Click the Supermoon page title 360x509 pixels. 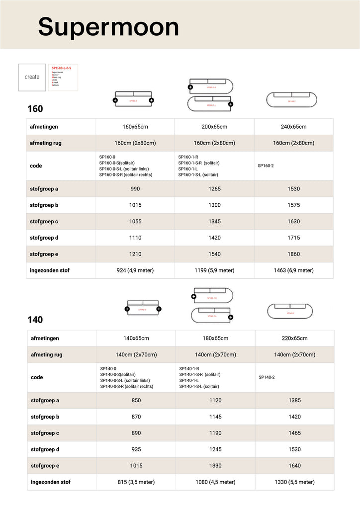click(108, 26)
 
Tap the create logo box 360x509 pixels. click(32, 77)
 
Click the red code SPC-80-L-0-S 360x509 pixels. click(62, 68)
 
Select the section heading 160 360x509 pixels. click(35, 109)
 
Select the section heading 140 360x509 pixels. click(35, 320)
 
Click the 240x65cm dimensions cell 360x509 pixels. click(293, 127)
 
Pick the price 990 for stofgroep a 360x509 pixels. click(135, 189)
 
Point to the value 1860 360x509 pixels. click(293, 254)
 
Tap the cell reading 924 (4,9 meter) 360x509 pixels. click(135, 270)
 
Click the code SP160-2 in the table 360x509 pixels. click(266, 166)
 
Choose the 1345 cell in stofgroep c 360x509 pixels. click(214, 222)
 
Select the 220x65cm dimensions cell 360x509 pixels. click(294, 338)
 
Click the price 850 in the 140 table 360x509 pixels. click(136, 400)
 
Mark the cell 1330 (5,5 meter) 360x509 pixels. click(294, 482)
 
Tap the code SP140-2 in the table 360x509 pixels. click(267, 377)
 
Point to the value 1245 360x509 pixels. click(215, 449)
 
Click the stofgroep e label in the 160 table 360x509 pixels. click(44, 254)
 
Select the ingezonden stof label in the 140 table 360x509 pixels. click(51, 482)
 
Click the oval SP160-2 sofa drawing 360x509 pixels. click(291, 99)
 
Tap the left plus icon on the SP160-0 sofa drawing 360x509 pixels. click(115, 100)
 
